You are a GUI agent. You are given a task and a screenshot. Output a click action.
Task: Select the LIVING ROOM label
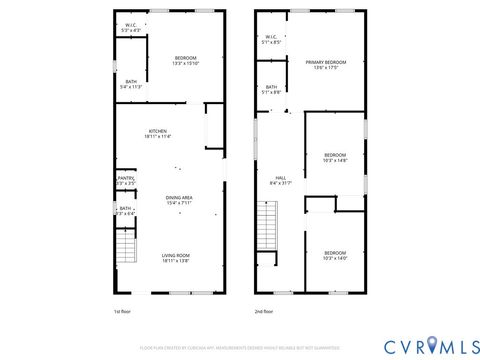pyautogui.click(x=176, y=259)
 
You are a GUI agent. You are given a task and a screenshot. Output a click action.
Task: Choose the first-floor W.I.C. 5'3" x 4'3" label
pyautogui.click(x=131, y=29)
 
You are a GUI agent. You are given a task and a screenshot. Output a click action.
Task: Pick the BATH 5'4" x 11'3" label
pyautogui.click(x=131, y=85)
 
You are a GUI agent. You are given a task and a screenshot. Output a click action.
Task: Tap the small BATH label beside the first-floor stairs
pyautogui.click(x=125, y=212)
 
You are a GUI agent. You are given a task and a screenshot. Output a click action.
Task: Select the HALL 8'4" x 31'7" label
pyautogui.click(x=281, y=180)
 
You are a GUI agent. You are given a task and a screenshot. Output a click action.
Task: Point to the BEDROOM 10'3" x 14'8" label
pyautogui.click(x=335, y=157)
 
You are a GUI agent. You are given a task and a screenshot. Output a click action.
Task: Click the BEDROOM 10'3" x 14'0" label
pyautogui.click(x=335, y=255)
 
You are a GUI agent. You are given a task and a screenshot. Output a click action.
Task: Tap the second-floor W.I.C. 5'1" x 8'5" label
pyautogui.click(x=271, y=41)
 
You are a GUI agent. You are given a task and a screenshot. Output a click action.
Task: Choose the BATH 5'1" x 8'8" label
pyautogui.click(x=272, y=90)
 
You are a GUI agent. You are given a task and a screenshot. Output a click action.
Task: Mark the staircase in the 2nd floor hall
pyautogui.click(x=267, y=217)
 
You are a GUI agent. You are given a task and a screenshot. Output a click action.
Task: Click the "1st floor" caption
pyautogui.click(x=123, y=312)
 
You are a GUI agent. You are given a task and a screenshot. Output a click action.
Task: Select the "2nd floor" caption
pyautogui.click(x=264, y=312)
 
